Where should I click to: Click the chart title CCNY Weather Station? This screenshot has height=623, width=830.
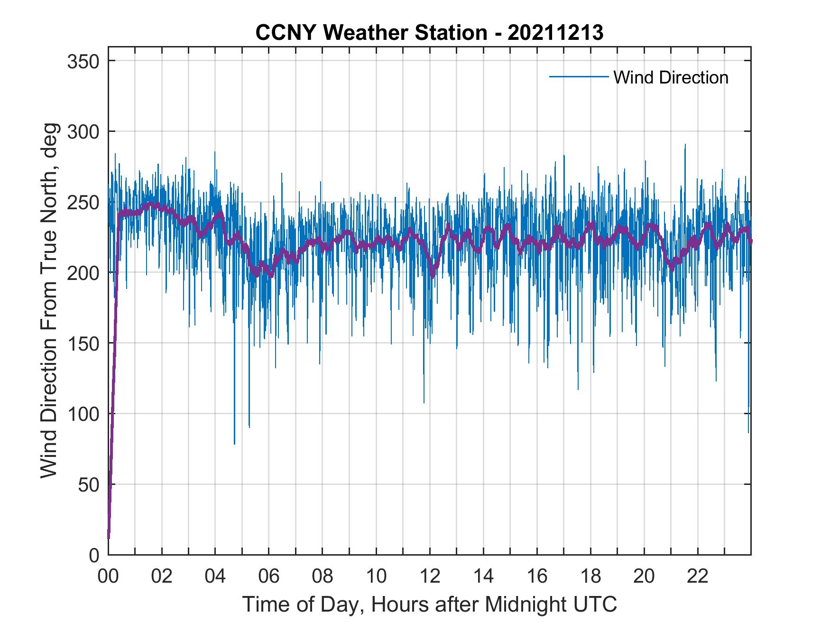pos(371,33)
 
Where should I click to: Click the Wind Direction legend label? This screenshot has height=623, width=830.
pos(671,77)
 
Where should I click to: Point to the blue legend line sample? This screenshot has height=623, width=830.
pos(579,76)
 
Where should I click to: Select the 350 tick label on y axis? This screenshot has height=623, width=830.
pos(83,61)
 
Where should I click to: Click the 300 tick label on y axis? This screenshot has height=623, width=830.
pos(83,131)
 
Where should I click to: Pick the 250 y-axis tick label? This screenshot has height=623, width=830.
pos(83,202)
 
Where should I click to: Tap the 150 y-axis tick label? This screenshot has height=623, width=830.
pos(83,343)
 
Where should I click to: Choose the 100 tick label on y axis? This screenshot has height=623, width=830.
pos(83,414)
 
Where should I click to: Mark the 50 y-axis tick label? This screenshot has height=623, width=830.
pos(89,484)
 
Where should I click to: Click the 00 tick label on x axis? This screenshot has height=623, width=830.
pos(108,577)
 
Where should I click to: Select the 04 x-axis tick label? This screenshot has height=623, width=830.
pos(215,577)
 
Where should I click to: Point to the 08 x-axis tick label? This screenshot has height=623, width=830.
pos(323,577)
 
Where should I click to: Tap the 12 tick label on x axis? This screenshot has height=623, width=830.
pos(430,577)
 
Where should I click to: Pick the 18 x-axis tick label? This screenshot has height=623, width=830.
pos(590,577)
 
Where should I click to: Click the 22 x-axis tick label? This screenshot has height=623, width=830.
pos(698,577)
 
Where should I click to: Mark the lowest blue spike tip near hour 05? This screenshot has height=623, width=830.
pos(234,444)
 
